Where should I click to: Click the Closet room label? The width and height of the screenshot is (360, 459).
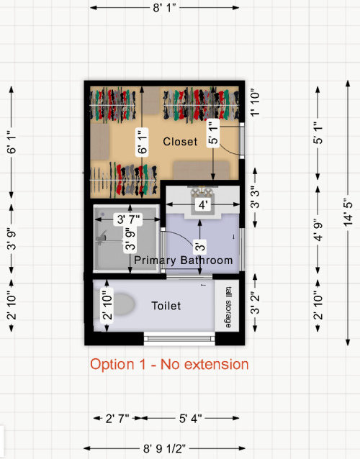click(180, 142)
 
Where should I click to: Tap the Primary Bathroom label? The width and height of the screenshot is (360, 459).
click(184, 260)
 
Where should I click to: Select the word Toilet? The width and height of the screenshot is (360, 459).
click(166, 306)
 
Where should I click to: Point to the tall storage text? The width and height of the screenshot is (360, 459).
click(228, 307)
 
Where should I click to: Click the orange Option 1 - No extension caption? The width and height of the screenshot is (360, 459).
click(169, 365)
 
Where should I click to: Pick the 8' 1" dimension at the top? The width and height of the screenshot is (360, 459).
click(164, 8)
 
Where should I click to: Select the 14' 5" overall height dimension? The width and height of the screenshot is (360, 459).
click(348, 213)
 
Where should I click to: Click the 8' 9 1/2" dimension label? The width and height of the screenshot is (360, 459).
click(164, 448)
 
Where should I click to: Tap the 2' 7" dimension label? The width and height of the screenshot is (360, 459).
click(117, 418)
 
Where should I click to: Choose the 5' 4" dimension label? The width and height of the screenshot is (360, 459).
click(190, 418)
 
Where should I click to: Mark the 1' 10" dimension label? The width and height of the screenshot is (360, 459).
click(255, 104)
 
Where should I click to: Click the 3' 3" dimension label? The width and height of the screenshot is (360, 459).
click(255, 198)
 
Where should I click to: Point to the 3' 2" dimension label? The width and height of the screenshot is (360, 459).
click(255, 304)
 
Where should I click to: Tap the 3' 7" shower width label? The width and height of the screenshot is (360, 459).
click(128, 219)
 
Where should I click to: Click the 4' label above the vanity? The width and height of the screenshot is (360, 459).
click(203, 204)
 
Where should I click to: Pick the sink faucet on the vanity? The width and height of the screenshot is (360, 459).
click(202, 190)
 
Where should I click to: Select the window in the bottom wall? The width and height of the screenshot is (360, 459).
click(179, 339)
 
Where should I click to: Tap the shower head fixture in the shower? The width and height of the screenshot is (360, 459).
click(102, 237)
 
